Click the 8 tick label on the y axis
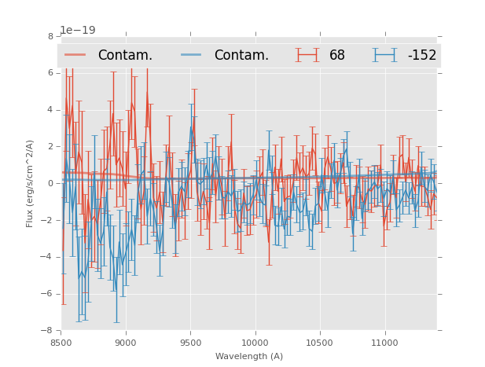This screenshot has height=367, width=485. coord(50,36)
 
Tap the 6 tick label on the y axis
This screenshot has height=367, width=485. coord(50,73)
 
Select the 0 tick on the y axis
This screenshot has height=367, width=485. coord(50,183)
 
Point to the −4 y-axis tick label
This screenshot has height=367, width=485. coord(48,257)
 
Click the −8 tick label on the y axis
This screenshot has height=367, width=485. coord(48,330)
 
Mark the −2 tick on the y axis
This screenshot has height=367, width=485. coord(48,220)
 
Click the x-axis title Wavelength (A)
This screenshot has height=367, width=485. coord(249,356)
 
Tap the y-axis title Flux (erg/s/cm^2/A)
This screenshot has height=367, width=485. coord(30,183)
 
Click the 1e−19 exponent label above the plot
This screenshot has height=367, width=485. coord(78,31)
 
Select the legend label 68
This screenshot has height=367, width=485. coord(337,56)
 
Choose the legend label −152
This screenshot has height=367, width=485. coord(421,56)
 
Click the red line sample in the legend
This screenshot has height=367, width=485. coord(75,55)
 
